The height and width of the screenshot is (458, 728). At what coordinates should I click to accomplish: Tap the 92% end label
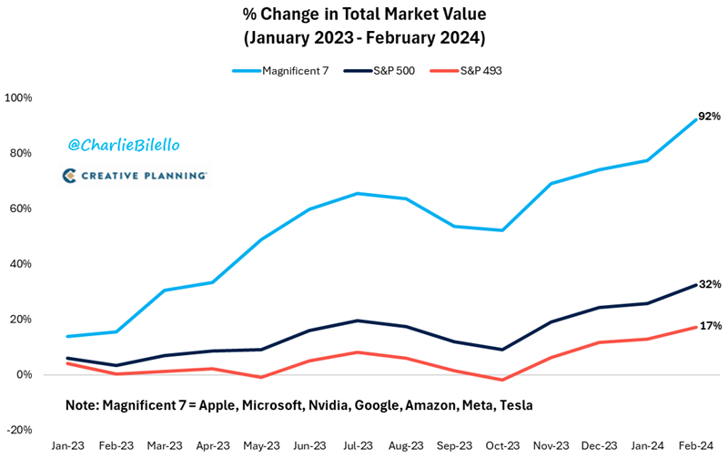[x=709, y=117]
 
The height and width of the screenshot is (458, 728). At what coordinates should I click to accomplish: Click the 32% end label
[x=710, y=284]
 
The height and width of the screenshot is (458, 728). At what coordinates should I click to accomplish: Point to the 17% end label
[x=710, y=325]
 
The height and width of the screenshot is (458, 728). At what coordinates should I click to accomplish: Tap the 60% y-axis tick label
[x=20, y=209]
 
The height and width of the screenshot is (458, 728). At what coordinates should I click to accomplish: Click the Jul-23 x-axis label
[x=356, y=446]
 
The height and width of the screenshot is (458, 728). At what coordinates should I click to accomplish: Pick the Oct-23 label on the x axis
[x=501, y=446]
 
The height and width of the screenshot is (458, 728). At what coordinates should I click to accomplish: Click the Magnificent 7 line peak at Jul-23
[x=356, y=193]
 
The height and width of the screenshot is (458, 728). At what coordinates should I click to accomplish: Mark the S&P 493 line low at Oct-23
[x=501, y=380]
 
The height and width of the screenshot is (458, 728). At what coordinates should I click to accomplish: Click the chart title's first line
[x=363, y=15]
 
